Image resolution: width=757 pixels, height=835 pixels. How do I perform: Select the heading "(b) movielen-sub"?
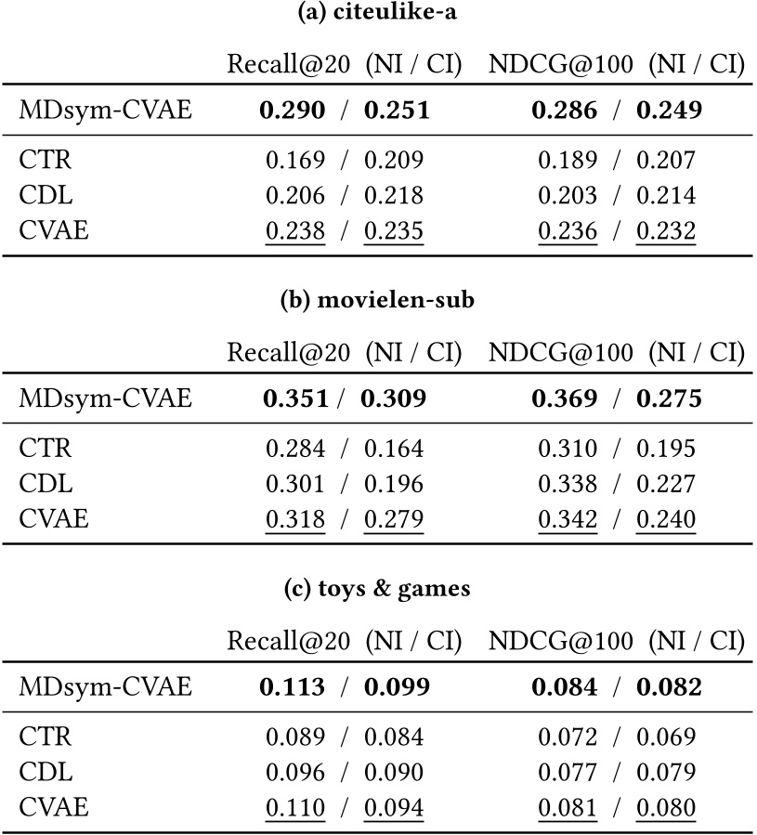tap(378, 303)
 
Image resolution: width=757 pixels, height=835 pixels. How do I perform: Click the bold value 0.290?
tap(293, 111)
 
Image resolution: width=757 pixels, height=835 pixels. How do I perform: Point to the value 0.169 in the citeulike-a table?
tap(295, 161)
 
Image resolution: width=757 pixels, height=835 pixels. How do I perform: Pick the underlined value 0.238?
tap(295, 229)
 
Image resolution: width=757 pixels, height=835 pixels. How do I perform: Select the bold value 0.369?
tap(564, 399)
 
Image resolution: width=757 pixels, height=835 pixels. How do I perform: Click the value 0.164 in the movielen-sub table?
tap(393, 449)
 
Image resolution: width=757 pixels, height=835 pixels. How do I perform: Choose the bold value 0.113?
tap(293, 686)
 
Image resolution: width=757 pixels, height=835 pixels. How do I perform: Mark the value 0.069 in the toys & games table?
tap(665, 737)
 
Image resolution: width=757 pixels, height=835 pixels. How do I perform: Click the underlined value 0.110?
tap(295, 806)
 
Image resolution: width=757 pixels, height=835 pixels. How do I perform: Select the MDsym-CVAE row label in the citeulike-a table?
tap(105, 111)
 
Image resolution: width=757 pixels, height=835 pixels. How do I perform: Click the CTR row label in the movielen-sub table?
tap(46, 449)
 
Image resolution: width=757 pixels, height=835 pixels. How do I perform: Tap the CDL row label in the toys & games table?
tap(46, 772)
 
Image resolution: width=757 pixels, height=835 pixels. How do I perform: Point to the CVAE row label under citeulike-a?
tap(54, 229)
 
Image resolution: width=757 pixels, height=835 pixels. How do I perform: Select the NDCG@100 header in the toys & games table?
tap(562, 640)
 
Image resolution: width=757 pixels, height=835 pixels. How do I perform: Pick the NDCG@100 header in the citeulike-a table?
tap(562, 64)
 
